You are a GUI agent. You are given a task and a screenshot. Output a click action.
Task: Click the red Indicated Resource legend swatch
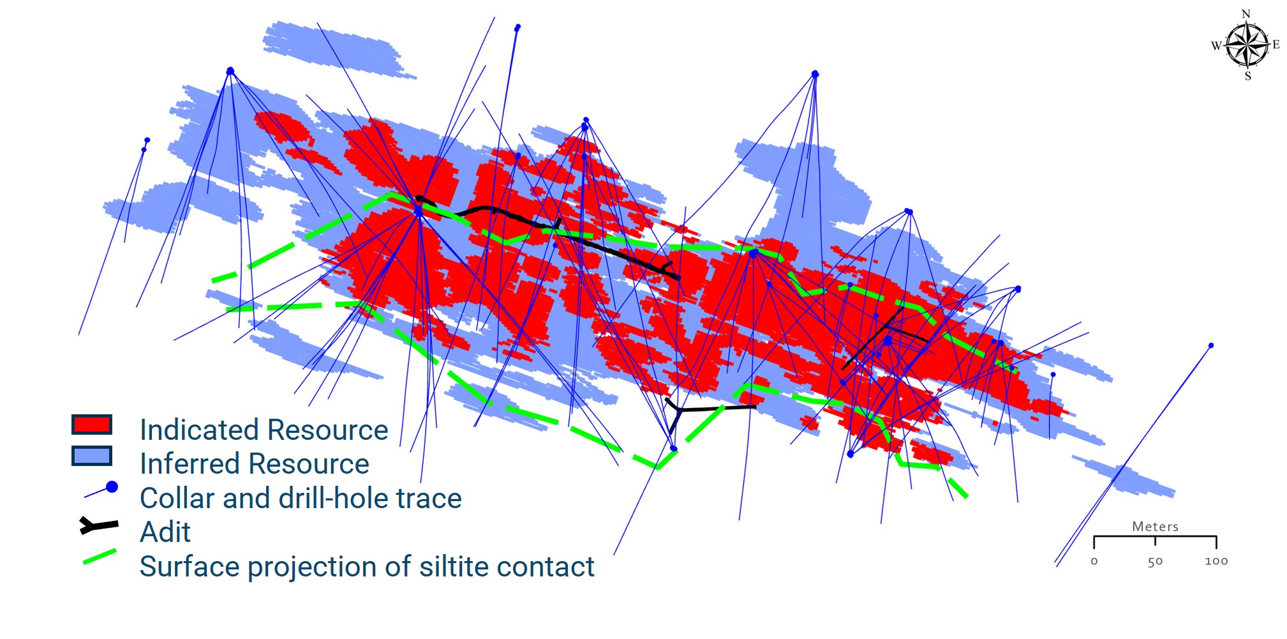[92, 425]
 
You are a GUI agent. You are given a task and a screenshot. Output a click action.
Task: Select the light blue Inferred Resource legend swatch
[92, 456]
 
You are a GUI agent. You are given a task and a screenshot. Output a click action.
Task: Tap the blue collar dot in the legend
[112, 487]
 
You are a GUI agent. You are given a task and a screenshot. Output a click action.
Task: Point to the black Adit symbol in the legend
[99, 525]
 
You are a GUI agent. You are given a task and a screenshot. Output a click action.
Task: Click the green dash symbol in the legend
[100, 557]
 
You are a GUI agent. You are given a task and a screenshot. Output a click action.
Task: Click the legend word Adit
[165, 532]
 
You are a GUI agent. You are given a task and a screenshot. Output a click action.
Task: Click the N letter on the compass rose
[1246, 14]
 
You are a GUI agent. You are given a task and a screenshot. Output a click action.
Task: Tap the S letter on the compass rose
[1248, 76]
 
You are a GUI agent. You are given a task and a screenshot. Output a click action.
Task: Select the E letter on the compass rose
[1276, 45]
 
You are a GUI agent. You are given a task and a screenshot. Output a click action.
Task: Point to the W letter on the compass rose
[1216, 45]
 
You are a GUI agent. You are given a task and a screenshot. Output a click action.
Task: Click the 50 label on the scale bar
[1155, 562]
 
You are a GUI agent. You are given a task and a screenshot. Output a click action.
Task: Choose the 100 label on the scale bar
[1216, 561]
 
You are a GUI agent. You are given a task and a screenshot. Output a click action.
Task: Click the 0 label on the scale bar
[1094, 562]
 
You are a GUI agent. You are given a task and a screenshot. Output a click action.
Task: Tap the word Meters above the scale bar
[1155, 527]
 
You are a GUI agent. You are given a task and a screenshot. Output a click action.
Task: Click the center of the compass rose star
[1247, 45]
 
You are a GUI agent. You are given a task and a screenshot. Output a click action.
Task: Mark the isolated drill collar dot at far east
[1211, 345]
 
